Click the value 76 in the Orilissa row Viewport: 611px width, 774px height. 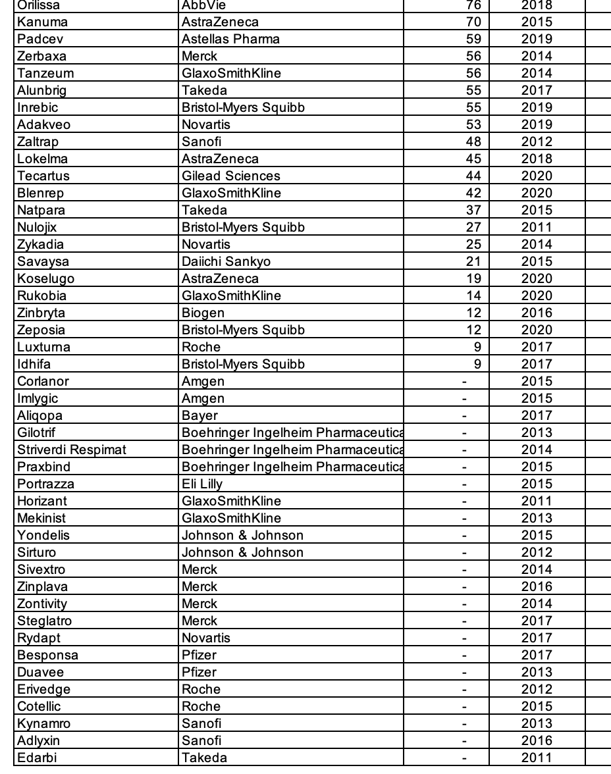pos(473,5)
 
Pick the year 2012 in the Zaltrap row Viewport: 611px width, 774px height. pos(537,142)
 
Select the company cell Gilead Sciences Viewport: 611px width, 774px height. pos(231,176)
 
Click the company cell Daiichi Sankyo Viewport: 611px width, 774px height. pos(226,261)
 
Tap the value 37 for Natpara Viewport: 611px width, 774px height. pos(473,210)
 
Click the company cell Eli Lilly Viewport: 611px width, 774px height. pos(202,484)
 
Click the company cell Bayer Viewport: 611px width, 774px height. pos(199,415)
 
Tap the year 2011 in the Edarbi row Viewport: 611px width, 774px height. pos(537,758)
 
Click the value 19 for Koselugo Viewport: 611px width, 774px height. pos(473,278)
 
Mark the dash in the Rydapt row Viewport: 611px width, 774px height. pos(465,638)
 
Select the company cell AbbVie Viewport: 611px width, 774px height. pos(203,5)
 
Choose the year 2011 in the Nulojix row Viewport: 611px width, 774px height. pos(537,227)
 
